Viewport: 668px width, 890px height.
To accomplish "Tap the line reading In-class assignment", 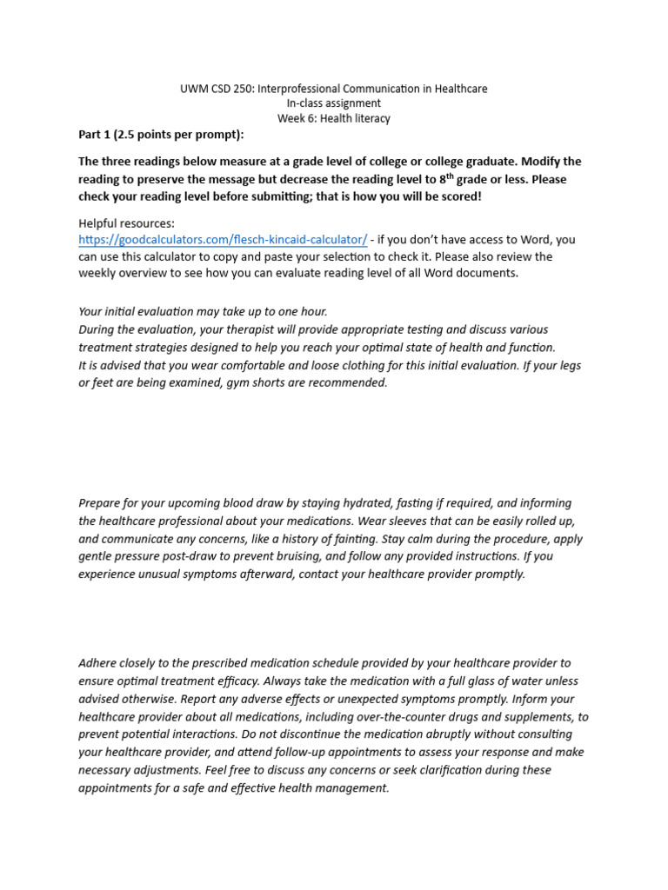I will (x=334, y=103).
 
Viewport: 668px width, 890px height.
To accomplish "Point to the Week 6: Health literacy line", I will (x=334, y=118).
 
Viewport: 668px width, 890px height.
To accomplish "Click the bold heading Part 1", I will (x=97, y=134).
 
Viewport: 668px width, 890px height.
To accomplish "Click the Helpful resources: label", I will (x=126, y=223).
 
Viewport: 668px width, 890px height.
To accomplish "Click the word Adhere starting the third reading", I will (x=97, y=663).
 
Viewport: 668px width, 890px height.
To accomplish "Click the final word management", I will (x=351, y=788).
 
